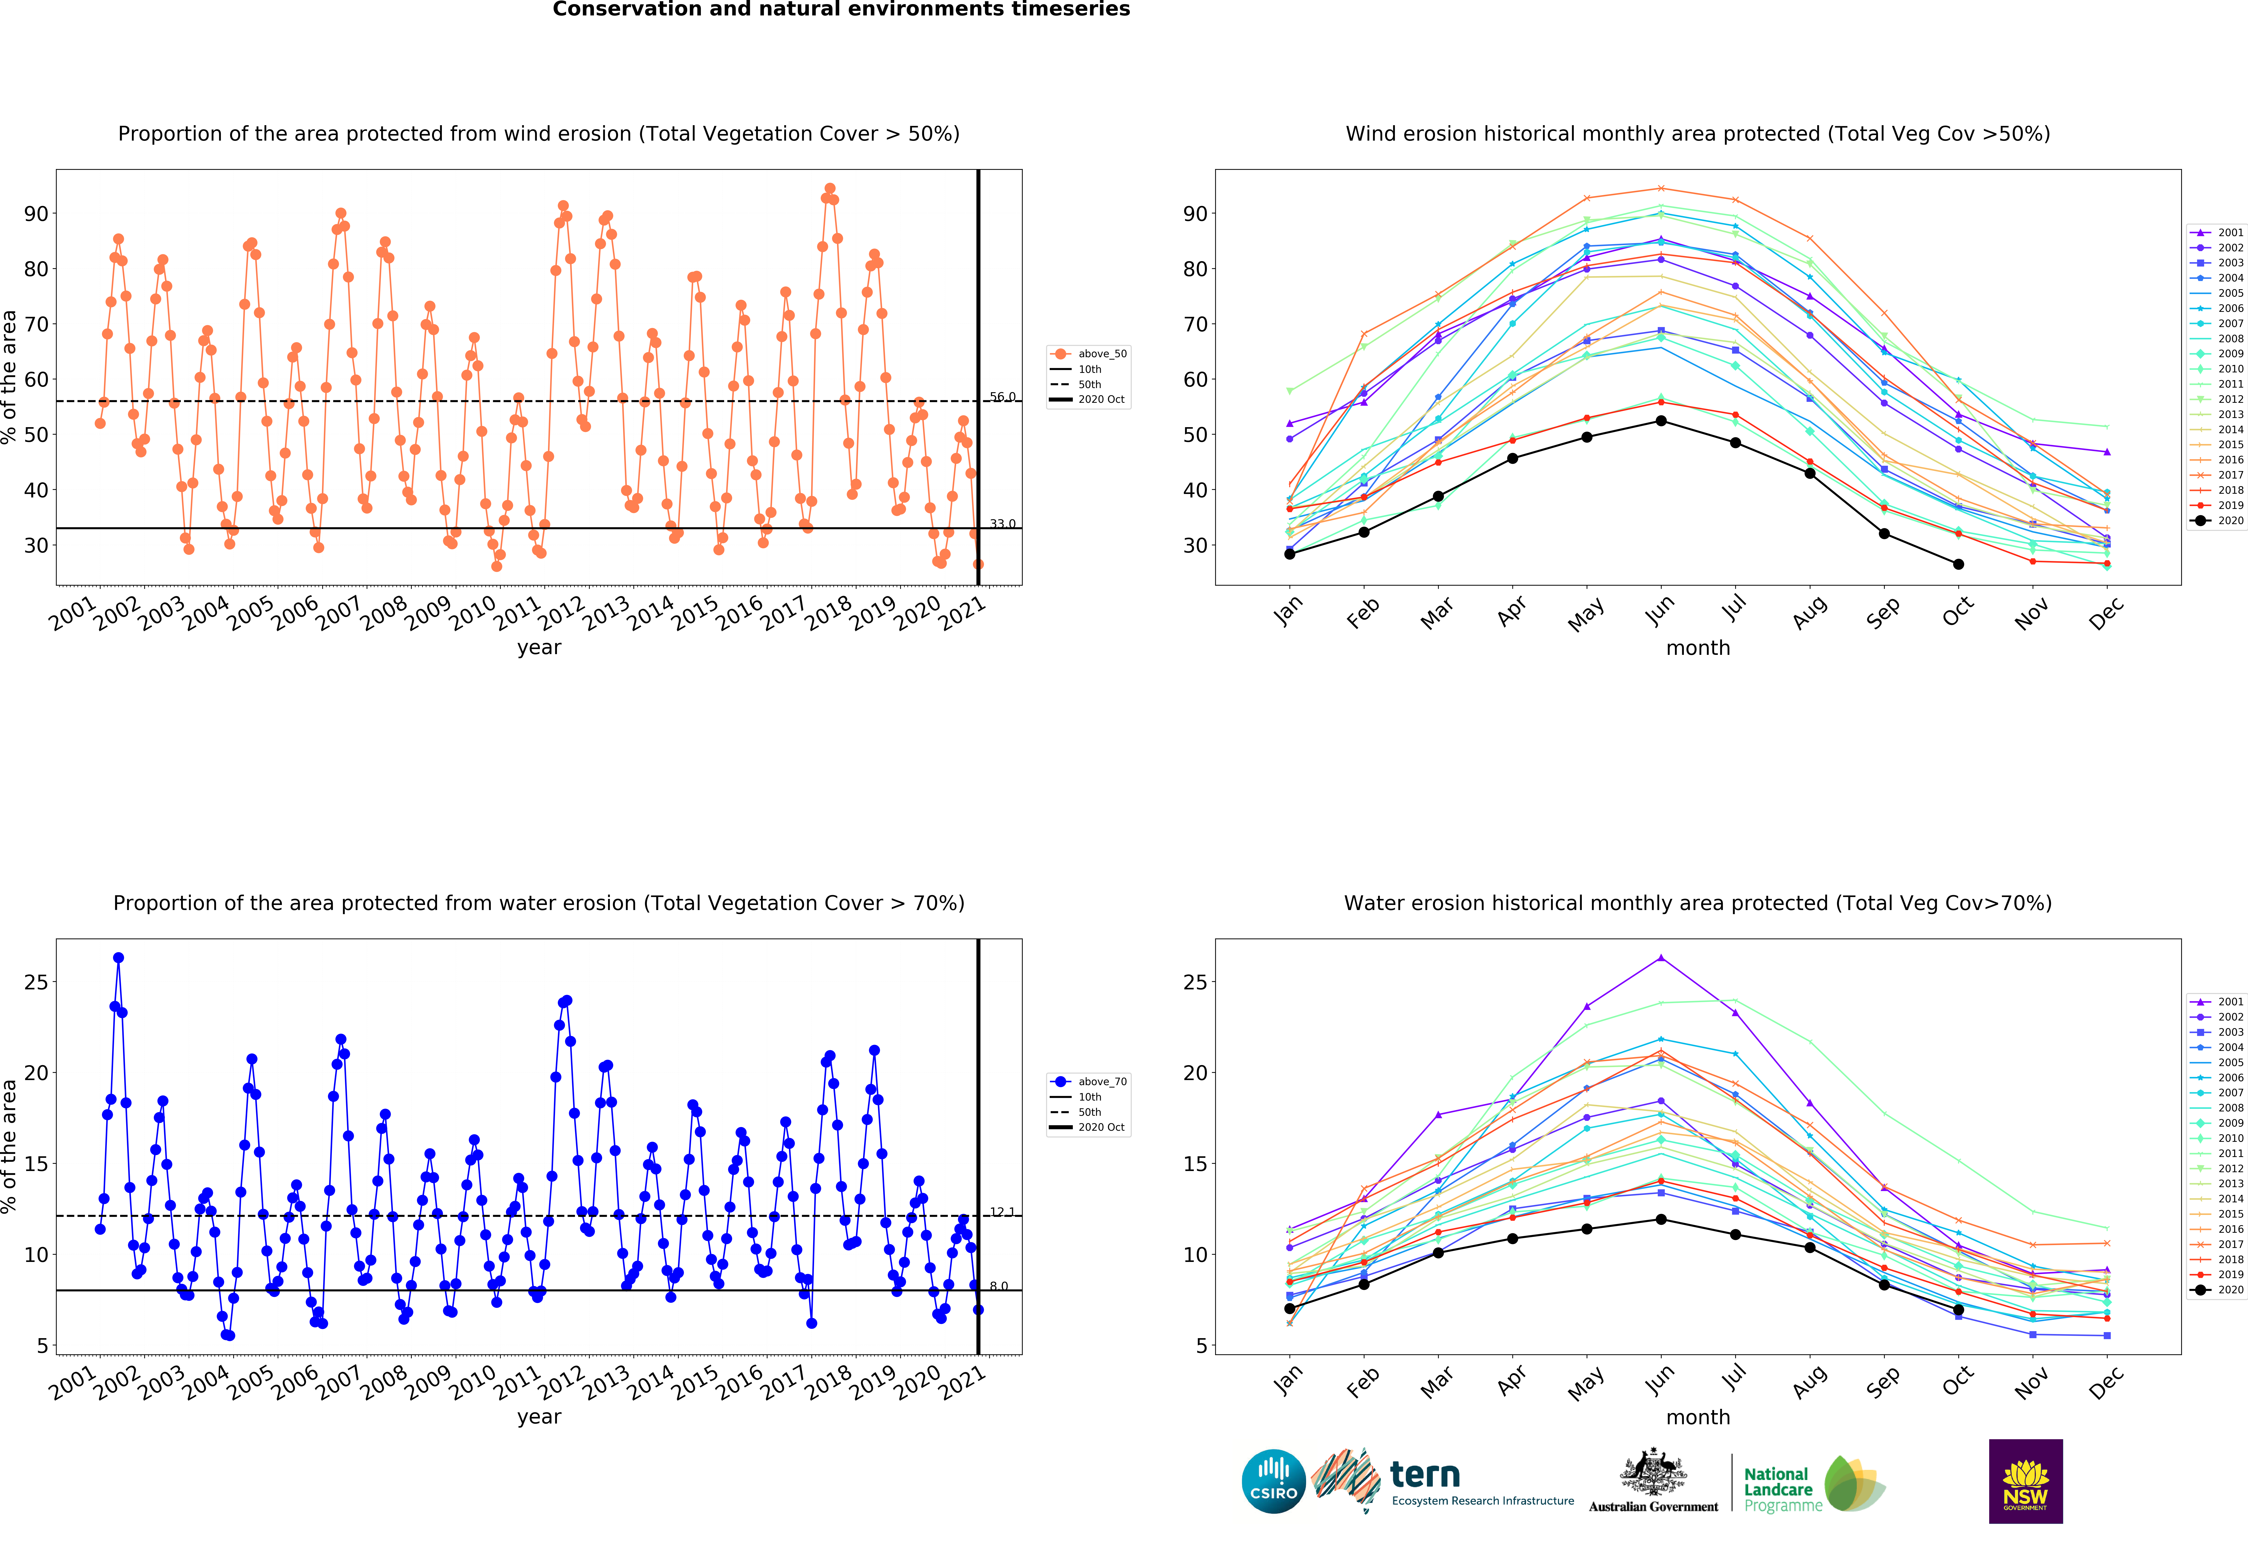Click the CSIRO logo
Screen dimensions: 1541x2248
(x=1273, y=1481)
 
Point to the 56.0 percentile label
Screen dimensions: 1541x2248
(x=1002, y=397)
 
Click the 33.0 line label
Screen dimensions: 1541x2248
(x=1002, y=524)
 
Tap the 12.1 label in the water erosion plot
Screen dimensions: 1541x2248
(x=1002, y=1212)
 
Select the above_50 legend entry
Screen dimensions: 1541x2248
(x=1102, y=354)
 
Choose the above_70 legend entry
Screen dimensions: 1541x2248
(x=1102, y=1082)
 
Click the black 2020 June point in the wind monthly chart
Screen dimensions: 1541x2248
(x=1661, y=421)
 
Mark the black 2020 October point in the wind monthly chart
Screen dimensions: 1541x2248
(x=1958, y=564)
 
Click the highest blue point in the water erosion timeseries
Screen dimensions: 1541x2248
(x=118, y=958)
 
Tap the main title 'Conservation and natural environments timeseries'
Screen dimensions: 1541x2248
(x=841, y=10)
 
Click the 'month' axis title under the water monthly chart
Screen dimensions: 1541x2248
(x=1698, y=1417)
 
